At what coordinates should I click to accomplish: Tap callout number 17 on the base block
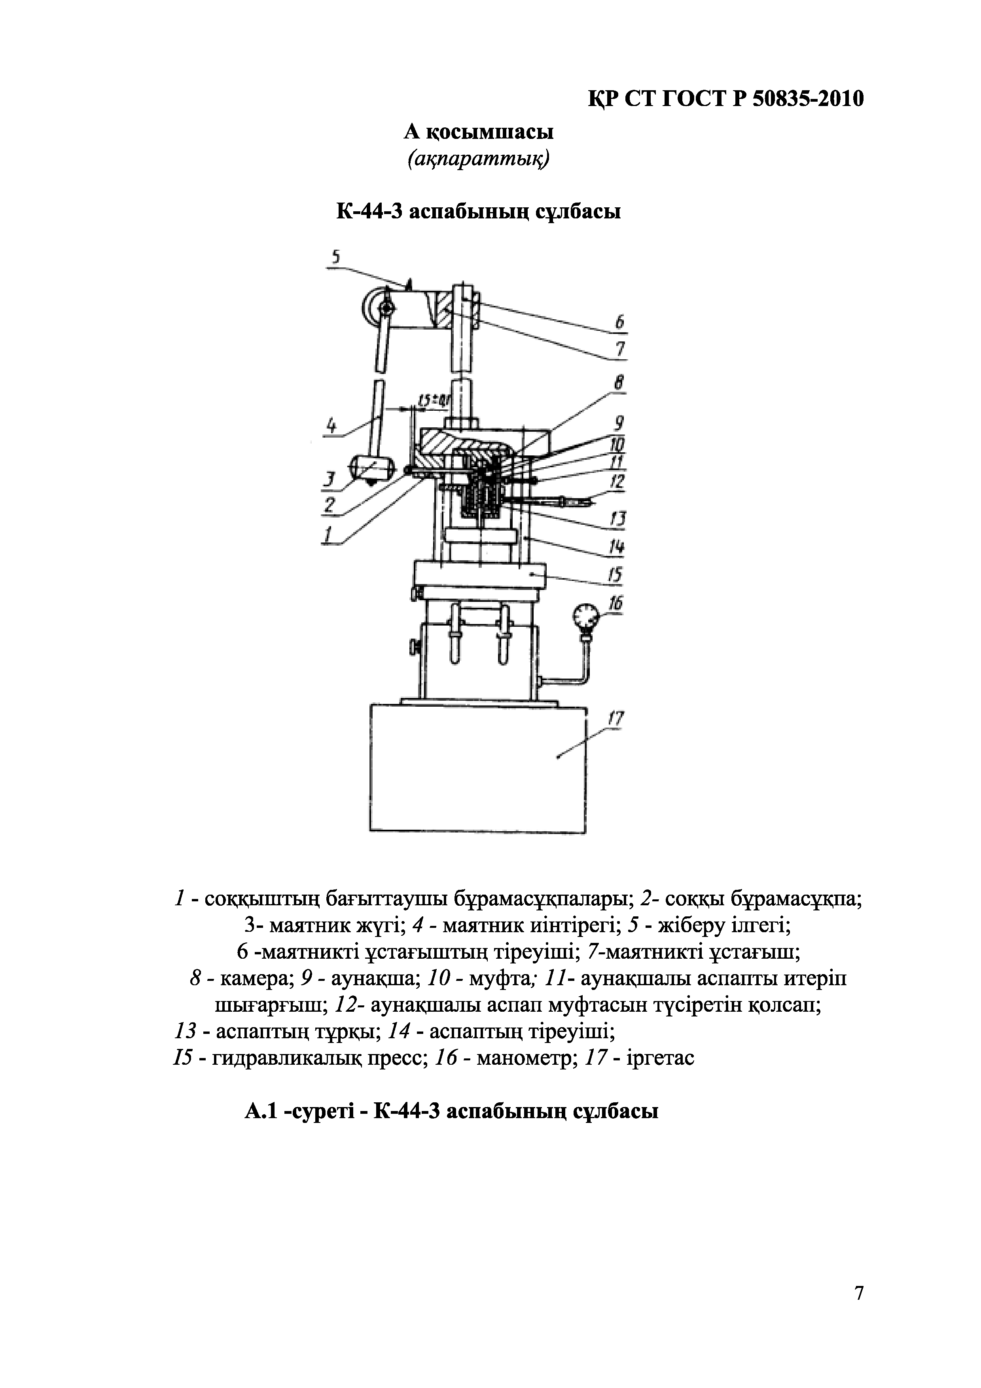coord(615,719)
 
